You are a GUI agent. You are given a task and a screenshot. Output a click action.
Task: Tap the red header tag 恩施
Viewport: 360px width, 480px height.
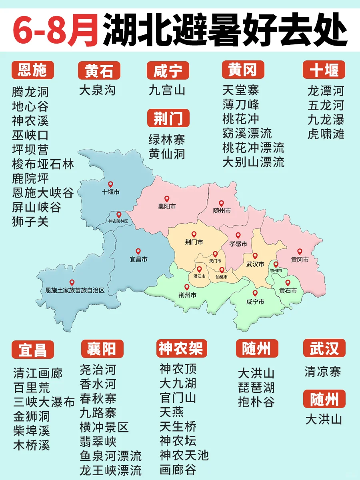[32, 70]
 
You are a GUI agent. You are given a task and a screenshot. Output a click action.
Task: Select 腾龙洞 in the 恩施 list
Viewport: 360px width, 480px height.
[30, 92]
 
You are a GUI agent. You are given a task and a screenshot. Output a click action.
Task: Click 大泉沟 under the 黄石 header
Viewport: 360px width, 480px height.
[97, 90]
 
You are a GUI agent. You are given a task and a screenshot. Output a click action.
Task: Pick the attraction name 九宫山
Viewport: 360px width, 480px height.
[167, 90]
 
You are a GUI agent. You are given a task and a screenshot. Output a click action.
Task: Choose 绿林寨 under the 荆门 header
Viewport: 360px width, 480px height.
[167, 140]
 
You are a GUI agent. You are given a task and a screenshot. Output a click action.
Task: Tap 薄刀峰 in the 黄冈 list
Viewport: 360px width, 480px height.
[241, 104]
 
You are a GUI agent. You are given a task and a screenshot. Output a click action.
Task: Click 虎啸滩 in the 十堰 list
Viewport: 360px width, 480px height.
[326, 134]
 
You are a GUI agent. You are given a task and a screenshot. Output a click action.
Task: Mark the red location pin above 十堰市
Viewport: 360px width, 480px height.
[110, 184]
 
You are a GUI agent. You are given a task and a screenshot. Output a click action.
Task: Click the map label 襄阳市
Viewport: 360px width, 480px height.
[167, 207]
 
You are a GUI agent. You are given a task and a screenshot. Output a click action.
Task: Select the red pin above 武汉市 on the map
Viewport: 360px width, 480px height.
[255, 256]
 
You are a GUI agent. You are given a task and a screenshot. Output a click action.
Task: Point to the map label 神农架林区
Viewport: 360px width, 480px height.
[118, 221]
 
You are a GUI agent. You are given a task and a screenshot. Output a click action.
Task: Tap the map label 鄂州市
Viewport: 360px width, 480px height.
[276, 271]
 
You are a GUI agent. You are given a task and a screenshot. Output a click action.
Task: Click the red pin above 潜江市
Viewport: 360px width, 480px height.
[199, 269]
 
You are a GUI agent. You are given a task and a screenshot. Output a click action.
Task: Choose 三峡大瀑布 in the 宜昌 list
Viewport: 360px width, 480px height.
[44, 402]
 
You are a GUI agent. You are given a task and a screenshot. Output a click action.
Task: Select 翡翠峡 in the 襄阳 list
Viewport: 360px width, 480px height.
[98, 441]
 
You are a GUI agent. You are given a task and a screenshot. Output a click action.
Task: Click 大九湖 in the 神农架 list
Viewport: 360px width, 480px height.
[178, 383]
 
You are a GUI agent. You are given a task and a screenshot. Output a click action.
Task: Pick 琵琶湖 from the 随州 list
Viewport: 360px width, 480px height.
[256, 388]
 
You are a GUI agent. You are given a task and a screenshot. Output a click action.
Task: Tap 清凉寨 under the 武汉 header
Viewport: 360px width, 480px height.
[322, 372]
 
